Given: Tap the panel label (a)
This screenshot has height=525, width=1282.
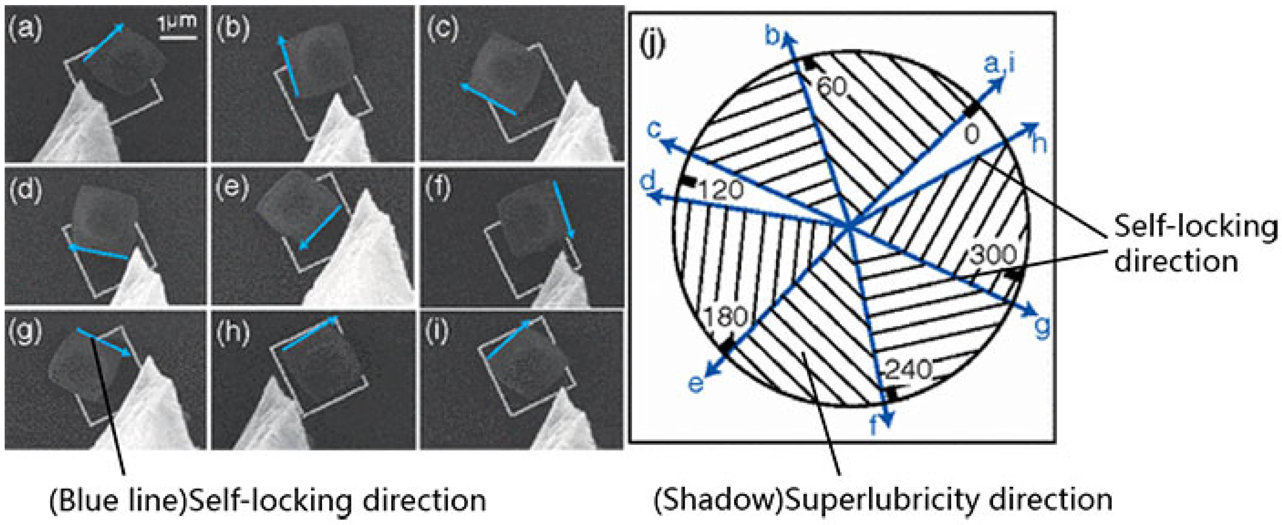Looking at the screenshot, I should (25, 29).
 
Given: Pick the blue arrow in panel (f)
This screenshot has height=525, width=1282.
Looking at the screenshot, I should (564, 209).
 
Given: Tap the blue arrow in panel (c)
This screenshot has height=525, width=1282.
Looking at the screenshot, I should (488, 99).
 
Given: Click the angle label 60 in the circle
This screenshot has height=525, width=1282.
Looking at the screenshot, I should (832, 87).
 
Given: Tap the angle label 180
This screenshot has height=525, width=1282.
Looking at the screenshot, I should (727, 316).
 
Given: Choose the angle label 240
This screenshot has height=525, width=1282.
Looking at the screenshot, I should (909, 370).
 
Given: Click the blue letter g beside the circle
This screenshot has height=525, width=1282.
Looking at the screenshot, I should (1042, 327).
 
